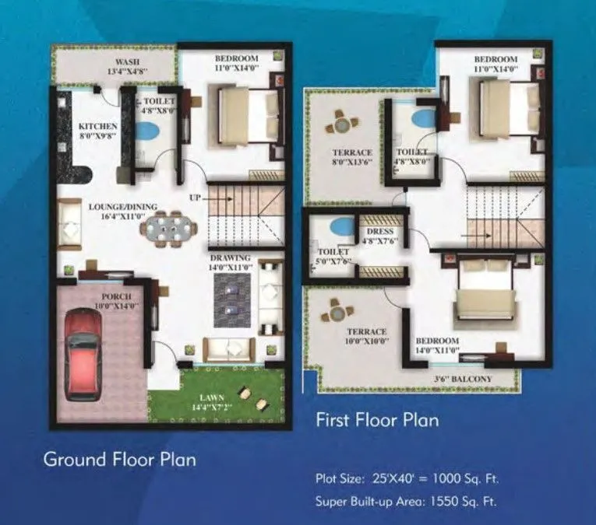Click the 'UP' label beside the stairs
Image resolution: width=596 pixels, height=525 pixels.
click(x=195, y=198)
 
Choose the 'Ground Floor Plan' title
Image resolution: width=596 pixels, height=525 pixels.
click(x=119, y=459)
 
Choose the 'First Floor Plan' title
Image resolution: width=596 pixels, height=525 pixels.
click(x=376, y=420)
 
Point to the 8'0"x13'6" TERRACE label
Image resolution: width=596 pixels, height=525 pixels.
click(x=352, y=157)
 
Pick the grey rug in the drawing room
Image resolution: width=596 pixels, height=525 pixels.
click(x=231, y=299)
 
